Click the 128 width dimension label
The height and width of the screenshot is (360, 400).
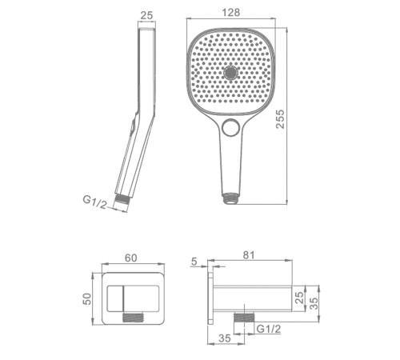pyautogui.click(x=231, y=12)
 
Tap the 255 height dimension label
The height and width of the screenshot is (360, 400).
pyautogui.click(x=280, y=119)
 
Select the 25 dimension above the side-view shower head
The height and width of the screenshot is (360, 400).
pyautogui.click(x=146, y=15)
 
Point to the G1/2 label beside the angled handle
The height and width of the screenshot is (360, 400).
pyautogui.click(x=95, y=202)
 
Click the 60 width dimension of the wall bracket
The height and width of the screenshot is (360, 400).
pyautogui.click(x=131, y=258)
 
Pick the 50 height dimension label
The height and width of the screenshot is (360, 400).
pyautogui.click(x=87, y=299)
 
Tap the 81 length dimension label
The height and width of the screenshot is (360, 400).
pyautogui.click(x=249, y=255)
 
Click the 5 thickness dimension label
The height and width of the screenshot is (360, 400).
pyautogui.click(x=194, y=262)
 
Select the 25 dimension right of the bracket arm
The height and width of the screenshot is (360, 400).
pyautogui.click(x=300, y=298)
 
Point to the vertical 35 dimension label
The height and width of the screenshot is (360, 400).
pyautogui.click(x=314, y=303)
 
